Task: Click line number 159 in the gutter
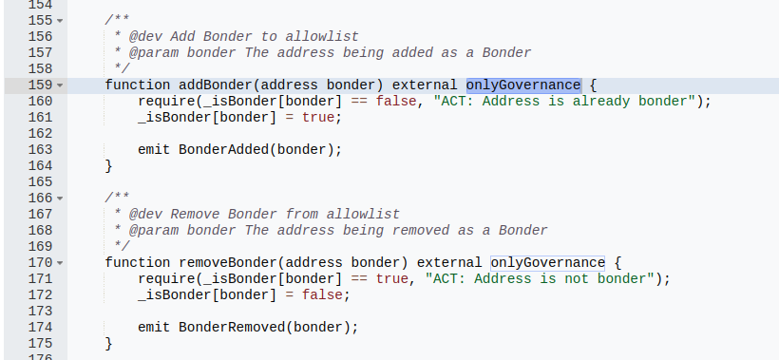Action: [39, 85]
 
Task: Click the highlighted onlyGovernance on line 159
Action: [522, 85]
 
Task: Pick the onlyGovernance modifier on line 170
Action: [547, 262]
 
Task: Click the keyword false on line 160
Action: [395, 101]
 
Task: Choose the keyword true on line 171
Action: [391, 278]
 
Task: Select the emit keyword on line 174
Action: [154, 327]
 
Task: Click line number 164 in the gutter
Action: [39, 165]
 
